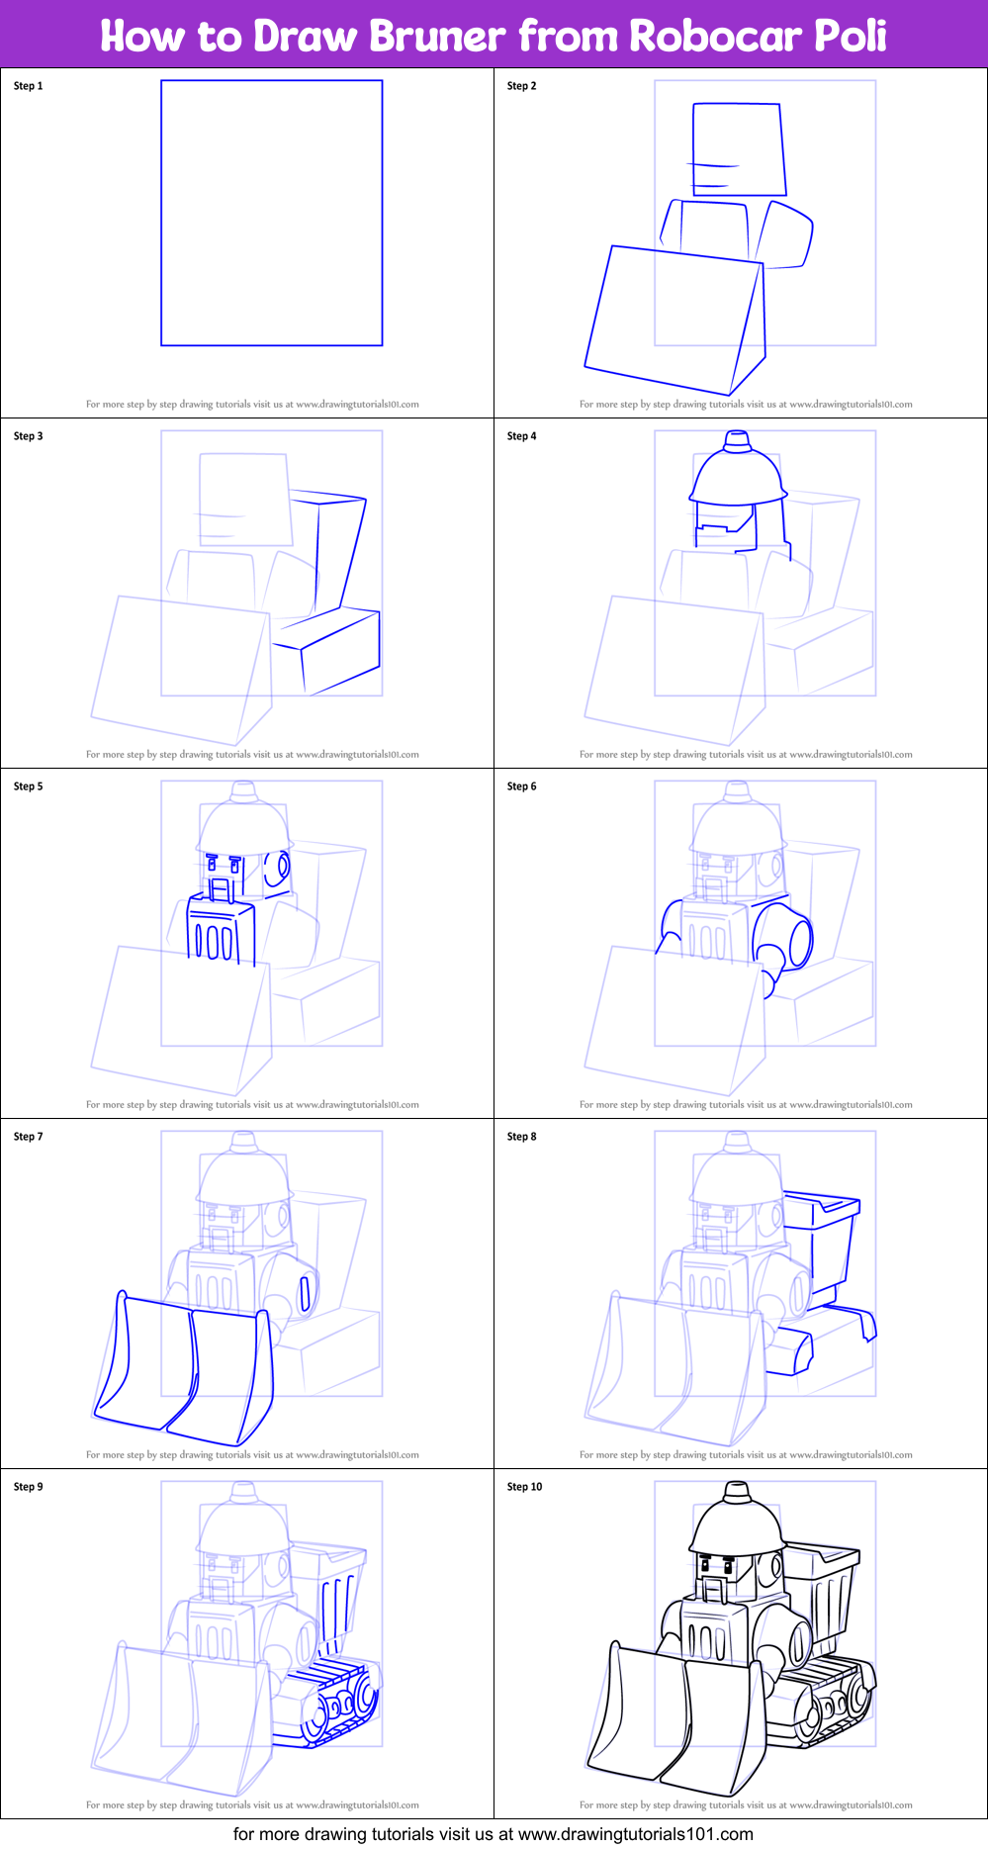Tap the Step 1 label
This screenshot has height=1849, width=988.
pyautogui.click(x=28, y=86)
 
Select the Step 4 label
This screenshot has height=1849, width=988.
pyautogui.click(x=521, y=436)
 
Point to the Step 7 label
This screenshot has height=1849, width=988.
pyautogui.click(x=28, y=1137)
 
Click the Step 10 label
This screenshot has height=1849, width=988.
pyautogui.click(x=524, y=1487)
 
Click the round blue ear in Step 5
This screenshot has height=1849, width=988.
pyautogui.click(x=280, y=868)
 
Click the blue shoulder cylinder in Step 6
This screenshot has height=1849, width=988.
pyautogui.click(x=786, y=937)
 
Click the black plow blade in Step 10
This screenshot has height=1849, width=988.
pyautogui.click(x=682, y=1721)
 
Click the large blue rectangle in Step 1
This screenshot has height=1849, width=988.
pyautogui.click(x=271, y=213)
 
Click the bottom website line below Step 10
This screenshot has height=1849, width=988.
pyautogui.click(x=494, y=1834)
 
